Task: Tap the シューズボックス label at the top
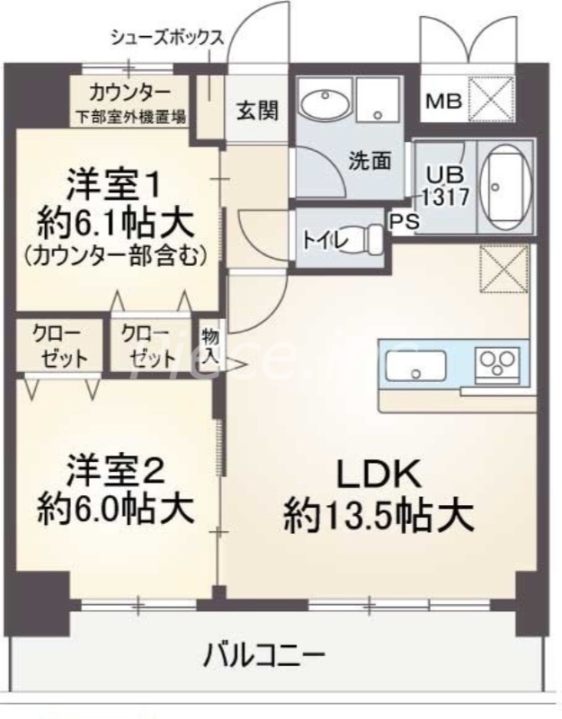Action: (166, 38)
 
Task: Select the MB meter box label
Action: (443, 102)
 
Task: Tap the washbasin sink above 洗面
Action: (324, 105)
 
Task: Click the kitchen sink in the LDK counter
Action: (416, 367)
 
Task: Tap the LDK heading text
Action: (379, 474)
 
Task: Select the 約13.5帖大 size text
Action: (379, 516)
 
